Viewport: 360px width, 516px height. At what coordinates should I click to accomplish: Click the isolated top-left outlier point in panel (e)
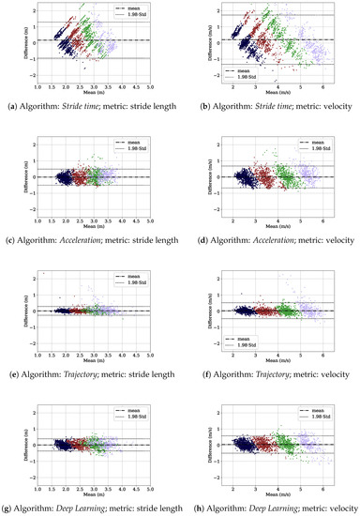(44, 274)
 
